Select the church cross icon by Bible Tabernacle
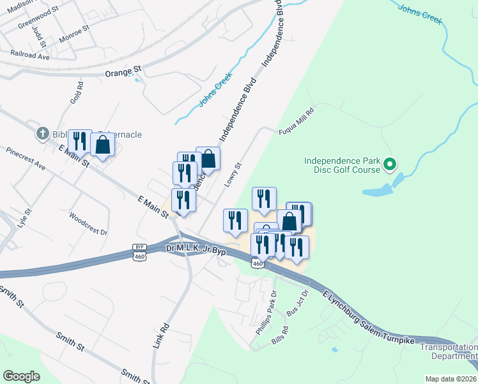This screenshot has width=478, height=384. [x=43, y=134]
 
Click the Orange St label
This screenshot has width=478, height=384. [x=123, y=74]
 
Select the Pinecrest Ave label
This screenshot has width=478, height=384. [x=26, y=160]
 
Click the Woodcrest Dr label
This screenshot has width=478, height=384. [x=88, y=224]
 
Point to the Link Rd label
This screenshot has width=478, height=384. [x=161, y=335]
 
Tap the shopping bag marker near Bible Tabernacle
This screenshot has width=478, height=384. [x=103, y=146]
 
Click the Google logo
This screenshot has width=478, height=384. [x=21, y=376]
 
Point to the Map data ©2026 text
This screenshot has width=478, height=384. [x=451, y=379]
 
